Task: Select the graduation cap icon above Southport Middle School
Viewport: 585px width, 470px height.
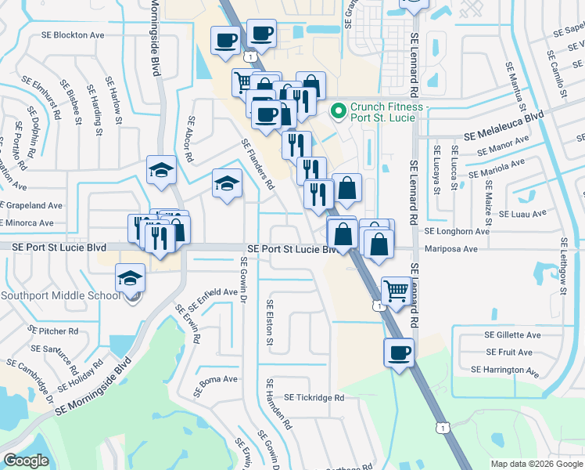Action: coord(130,277)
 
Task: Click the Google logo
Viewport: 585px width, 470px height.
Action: coord(26,461)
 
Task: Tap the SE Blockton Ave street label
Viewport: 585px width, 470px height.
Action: coord(75,35)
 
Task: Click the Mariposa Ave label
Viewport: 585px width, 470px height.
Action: coord(450,249)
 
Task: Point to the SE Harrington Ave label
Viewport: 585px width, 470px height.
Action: coord(504,369)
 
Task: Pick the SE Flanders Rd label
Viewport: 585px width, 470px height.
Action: coord(257,164)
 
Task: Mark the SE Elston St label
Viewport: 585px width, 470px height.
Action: coord(270,322)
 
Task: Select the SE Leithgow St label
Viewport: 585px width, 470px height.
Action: coord(562,266)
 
